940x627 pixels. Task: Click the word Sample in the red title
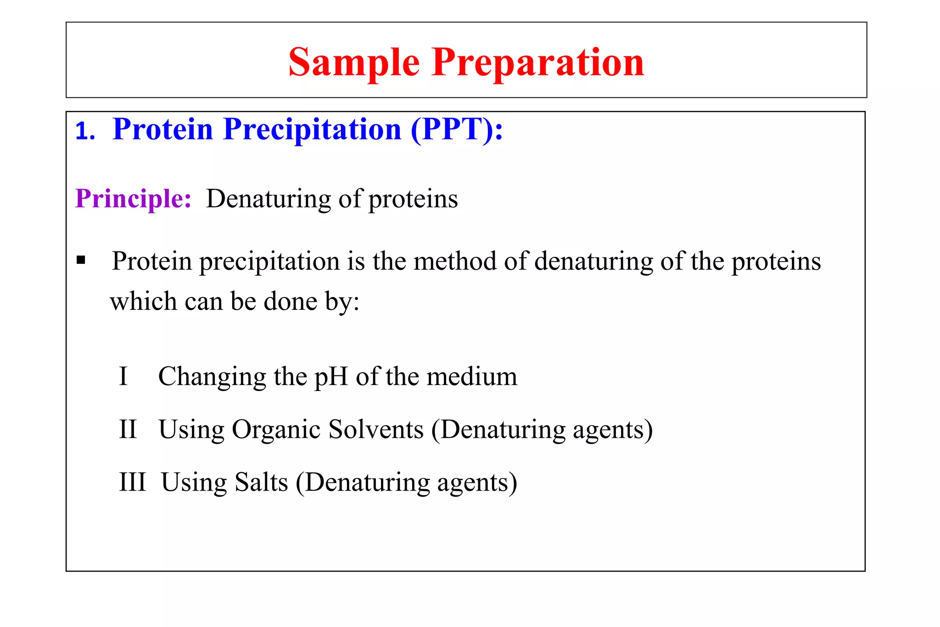pyautogui.click(x=354, y=62)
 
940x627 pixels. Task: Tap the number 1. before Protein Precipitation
pyautogui.click(x=85, y=132)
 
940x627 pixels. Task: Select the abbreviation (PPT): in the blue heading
pyautogui.click(x=457, y=130)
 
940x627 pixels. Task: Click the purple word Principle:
pyautogui.click(x=133, y=199)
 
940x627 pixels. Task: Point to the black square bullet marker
pyautogui.click(x=81, y=261)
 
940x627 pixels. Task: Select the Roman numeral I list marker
pyautogui.click(x=123, y=376)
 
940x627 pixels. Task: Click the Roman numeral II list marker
pyautogui.click(x=128, y=430)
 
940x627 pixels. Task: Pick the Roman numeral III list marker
pyautogui.click(x=132, y=482)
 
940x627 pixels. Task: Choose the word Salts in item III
pyautogui.click(x=261, y=482)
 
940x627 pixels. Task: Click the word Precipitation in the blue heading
pyautogui.click(x=312, y=130)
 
